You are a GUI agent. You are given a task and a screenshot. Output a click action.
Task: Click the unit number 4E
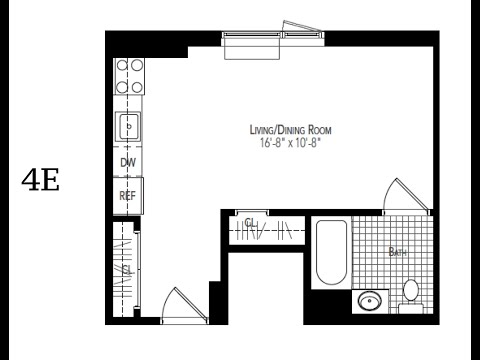pos(41,179)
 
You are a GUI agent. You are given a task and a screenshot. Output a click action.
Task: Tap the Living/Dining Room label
pos(291,130)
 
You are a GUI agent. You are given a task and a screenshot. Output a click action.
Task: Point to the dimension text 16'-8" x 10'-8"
pos(290,143)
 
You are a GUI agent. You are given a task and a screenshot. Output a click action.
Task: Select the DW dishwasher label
pos(128,163)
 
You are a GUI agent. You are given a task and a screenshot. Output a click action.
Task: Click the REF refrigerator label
pos(128,196)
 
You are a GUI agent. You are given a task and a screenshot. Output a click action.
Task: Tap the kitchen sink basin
pos(128,127)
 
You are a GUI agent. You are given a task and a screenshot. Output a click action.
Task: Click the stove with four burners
pos(129,76)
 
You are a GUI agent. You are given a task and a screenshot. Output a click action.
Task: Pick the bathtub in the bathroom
pos(331,252)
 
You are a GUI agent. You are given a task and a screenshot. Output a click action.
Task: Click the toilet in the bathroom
pos(411,297)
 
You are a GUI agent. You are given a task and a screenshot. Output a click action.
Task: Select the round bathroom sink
pos(369,301)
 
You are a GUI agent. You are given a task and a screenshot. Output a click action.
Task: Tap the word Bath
pos(398,252)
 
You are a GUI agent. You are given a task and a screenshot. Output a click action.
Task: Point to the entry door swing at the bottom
pos(167,301)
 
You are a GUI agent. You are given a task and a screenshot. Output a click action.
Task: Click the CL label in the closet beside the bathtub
pos(251,222)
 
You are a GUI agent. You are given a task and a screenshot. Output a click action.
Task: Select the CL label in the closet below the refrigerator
pos(128,269)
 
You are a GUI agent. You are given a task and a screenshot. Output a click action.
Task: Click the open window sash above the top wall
pos(302,26)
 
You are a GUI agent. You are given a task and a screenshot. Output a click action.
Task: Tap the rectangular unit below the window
pos(252,48)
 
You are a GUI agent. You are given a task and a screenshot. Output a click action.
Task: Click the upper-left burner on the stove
pos(122,65)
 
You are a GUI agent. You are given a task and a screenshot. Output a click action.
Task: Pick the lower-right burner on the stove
pos(137,87)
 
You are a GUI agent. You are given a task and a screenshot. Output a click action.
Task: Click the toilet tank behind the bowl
pos(411,309)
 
